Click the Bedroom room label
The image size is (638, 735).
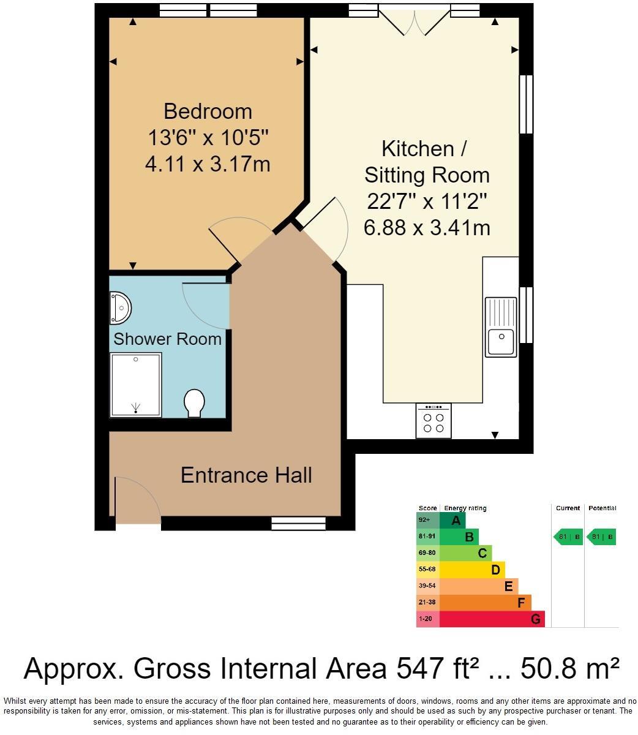click(x=208, y=111)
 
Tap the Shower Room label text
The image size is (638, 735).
click(x=167, y=339)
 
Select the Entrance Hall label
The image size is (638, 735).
click(x=246, y=475)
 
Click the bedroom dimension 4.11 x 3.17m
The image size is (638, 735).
click(x=208, y=164)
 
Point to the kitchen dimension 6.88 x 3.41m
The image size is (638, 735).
click(x=427, y=228)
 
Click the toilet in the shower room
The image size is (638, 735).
click(x=195, y=403)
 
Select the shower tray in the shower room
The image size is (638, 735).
click(x=135, y=385)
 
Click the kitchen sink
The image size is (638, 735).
click(x=501, y=326)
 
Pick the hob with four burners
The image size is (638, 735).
click(x=433, y=421)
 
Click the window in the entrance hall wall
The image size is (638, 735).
click(x=299, y=523)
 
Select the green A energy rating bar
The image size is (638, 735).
click(x=453, y=521)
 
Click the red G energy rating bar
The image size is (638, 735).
click(x=492, y=619)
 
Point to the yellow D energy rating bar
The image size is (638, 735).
click(x=471, y=570)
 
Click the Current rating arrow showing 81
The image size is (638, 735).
click(x=568, y=537)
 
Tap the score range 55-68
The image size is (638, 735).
click(x=427, y=570)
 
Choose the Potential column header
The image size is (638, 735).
click(x=602, y=508)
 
